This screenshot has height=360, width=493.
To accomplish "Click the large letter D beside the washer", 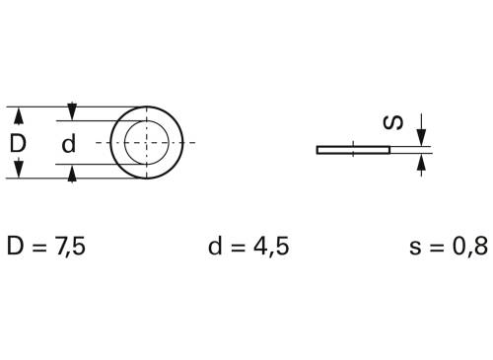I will (18, 144).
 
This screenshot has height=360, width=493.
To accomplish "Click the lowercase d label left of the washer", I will (68, 144).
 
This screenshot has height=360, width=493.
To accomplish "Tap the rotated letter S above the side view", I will (392, 122).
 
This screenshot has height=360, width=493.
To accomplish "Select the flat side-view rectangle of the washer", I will (353, 150).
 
